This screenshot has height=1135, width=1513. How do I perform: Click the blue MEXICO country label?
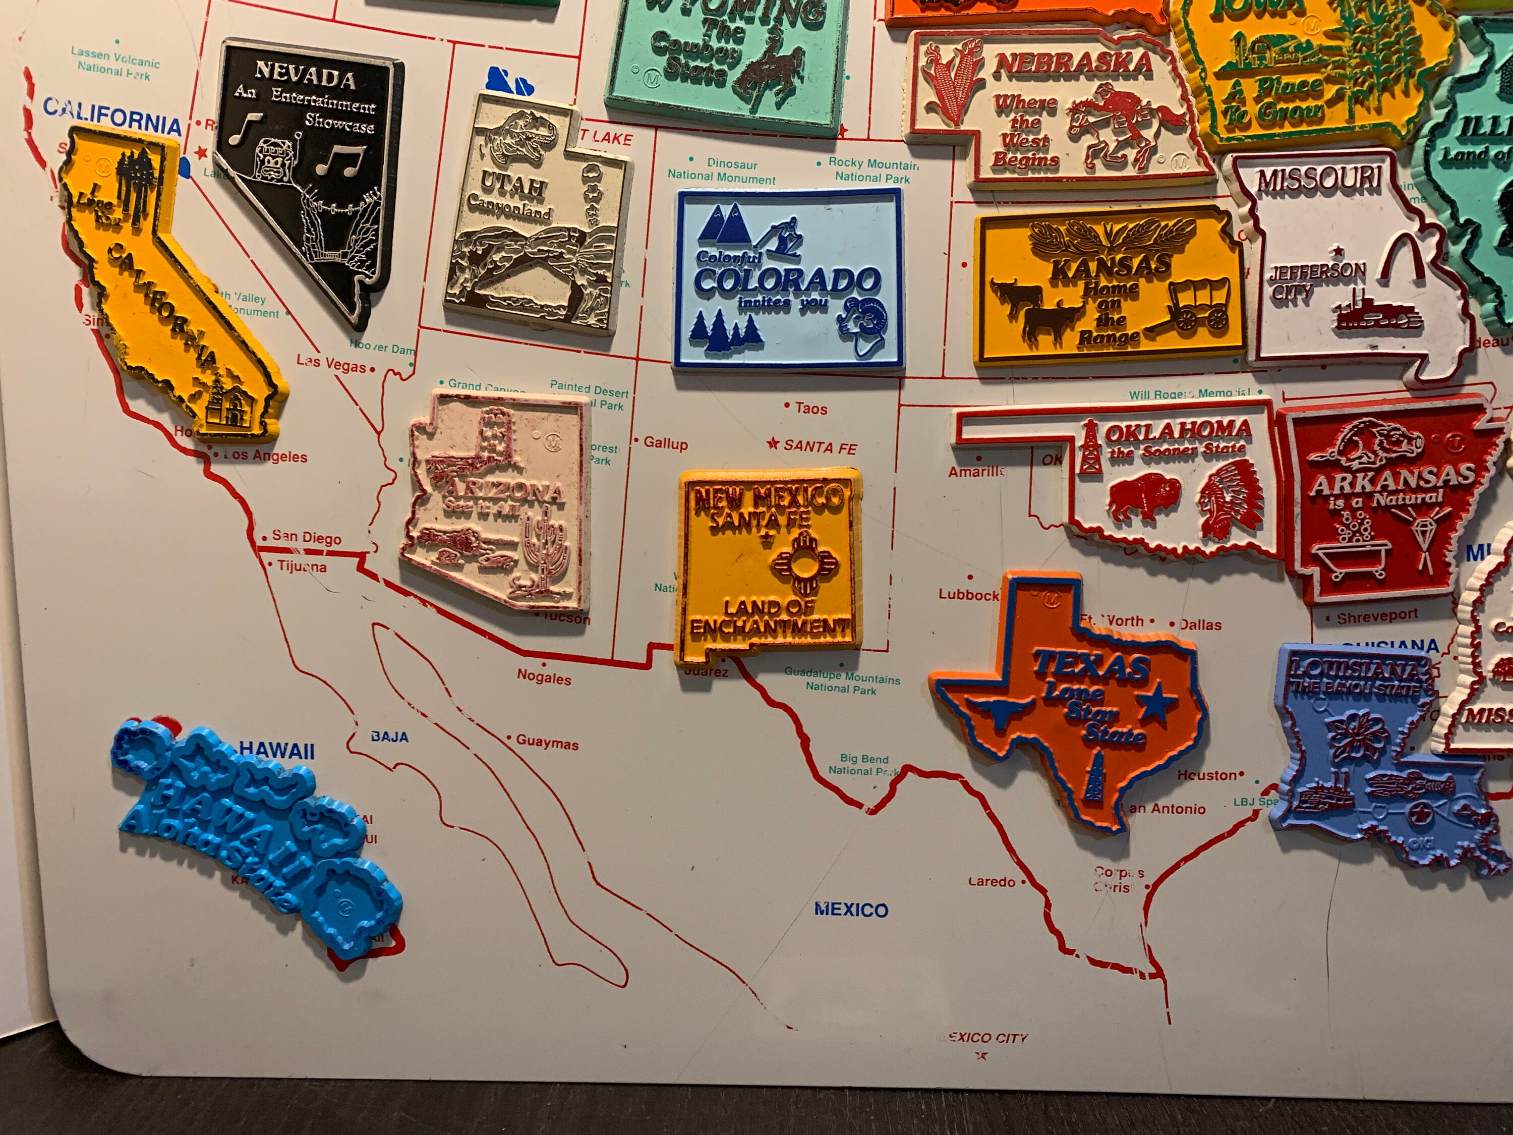850,909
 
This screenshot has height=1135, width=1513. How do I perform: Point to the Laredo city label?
991,882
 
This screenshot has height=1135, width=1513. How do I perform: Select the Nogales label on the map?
544,678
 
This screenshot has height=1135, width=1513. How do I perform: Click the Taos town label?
810,409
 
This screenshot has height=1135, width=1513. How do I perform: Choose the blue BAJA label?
389,737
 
